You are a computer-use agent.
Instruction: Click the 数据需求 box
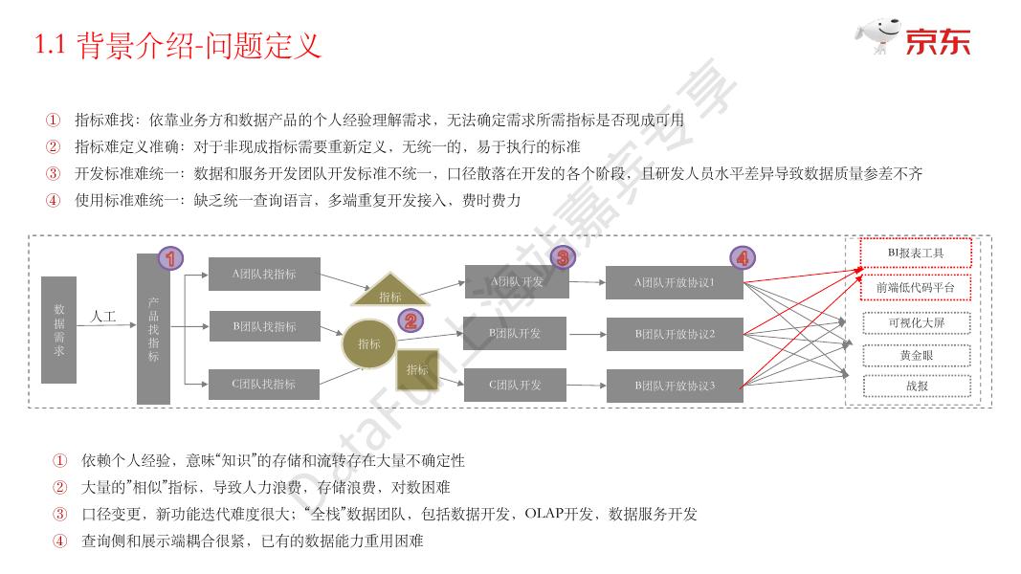click(x=58, y=330)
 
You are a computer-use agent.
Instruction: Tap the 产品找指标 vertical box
click(x=153, y=330)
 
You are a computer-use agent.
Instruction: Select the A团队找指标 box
click(x=264, y=274)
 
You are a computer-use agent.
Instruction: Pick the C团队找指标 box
click(x=264, y=385)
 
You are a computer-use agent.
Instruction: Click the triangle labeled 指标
click(x=389, y=292)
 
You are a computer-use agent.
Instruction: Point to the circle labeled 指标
click(x=369, y=343)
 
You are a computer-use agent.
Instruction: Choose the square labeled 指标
click(x=417, y=370)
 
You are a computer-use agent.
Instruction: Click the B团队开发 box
click(x=515, y=334)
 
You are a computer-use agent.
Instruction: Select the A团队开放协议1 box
click(x=675, y=282)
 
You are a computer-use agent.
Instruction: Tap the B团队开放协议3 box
click(x=675, y=386)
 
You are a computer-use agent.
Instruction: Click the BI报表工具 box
click(x=916, y=253)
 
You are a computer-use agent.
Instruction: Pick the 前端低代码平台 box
click(x=916, y=287)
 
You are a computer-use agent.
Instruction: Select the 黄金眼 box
click(x=916, y=356)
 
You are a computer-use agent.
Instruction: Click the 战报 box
click(x=916, y=386)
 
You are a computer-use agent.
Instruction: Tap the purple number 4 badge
click(x=742, y=257)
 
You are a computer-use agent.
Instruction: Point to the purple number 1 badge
click(x=169, y=257)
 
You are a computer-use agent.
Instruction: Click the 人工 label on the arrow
click(x=103, y=316)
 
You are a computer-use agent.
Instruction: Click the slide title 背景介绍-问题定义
click(x=199, y=45)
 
